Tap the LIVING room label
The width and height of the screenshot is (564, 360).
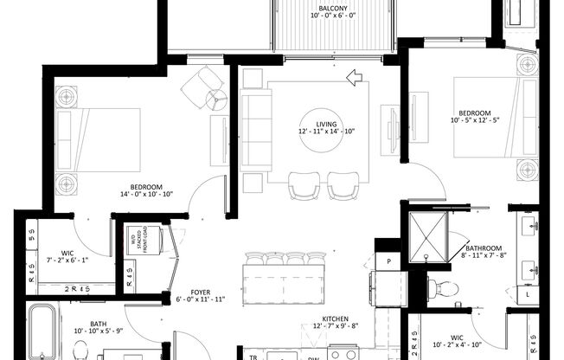pyautogui.click(x=326, y=123)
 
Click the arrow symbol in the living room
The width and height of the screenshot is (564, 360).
pyautogui.click(x=353, y=80)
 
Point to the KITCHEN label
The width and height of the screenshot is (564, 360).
pyautogui.click(x=335, y=318)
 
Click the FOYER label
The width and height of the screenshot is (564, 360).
pyautogui.click(x=200, y=292)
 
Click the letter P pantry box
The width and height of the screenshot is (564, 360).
pyautogui.click(x=389, y=260)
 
